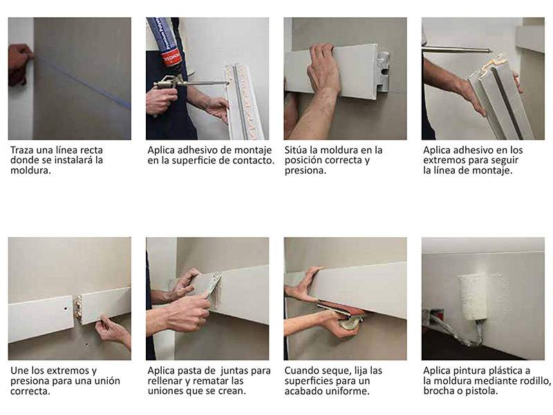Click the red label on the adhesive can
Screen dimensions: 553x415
(x=171, y=57)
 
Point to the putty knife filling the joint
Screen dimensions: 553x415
(x=211, y=286)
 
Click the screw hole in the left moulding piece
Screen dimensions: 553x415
(x=66, y=308)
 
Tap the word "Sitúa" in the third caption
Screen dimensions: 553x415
(x=295, y=150)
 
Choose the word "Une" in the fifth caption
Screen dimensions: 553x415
(x=19, y=371)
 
